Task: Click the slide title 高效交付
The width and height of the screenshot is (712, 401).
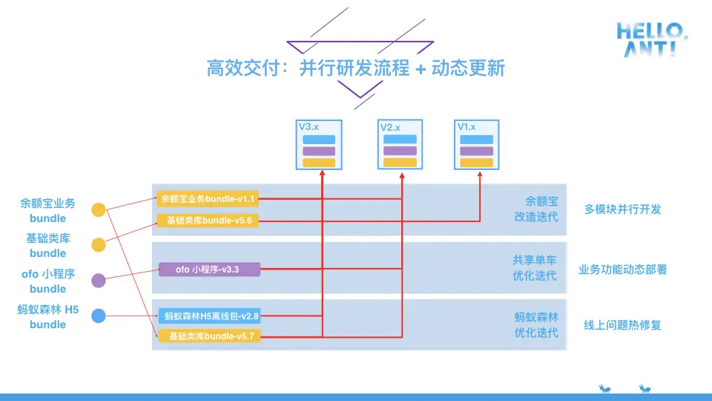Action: click(x=356, y=68)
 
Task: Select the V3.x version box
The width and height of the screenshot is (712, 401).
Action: click(x=318, y=146)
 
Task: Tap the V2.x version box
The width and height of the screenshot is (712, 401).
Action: click(x=400, y=146)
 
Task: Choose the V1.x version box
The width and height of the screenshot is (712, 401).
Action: click(x=476, y=146)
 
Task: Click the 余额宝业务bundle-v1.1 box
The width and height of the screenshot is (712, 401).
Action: click(x=208, y=199)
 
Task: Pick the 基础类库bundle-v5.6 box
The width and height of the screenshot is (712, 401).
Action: click(x=208, y=221)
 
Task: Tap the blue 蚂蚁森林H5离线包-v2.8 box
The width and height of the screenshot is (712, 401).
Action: click(x=208, y=316)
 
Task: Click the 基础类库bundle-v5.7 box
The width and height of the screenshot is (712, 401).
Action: click(x=208, y=336)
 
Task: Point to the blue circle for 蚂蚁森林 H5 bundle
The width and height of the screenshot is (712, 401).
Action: click(x=99, y=316)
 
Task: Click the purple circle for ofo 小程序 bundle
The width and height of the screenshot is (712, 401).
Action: click(x=99, y=281)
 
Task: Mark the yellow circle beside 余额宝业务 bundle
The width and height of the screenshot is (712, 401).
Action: click(x=99, y=210)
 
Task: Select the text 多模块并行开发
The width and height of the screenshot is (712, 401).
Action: click(x=622, y=209)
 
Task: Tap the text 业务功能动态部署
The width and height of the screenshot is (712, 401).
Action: click(x=622, y=270)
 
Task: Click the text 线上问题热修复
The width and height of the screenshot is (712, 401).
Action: click(x=622, y=325)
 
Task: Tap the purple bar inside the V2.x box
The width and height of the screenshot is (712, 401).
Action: click(x=401, y=151)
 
